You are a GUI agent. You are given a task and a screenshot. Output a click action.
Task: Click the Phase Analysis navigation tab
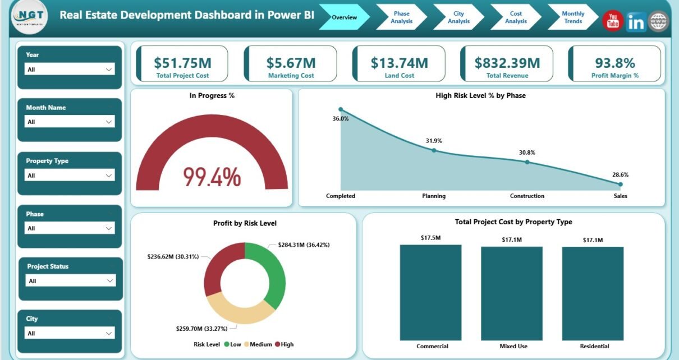point(401,17)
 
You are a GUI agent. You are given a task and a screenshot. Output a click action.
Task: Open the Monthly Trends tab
point(572,17)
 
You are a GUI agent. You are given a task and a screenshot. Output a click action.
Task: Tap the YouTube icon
point(613,22)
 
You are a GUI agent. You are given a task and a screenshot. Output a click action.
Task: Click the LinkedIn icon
point(636,22)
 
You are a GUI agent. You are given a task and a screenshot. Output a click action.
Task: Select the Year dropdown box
point(70,69)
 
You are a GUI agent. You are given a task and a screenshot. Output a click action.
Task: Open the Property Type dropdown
point(70,176)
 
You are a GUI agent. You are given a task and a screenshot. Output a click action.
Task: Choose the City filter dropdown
point(70,333)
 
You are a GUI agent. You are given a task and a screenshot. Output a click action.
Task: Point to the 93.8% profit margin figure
point(615,62)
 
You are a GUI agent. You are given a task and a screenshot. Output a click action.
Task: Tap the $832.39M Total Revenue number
point(507,62)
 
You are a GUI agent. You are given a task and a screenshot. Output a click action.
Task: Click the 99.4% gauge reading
point(212,177)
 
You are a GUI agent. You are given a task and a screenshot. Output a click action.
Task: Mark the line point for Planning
point(434,150)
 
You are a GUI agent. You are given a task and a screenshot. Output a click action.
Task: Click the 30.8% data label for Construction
point(527,153)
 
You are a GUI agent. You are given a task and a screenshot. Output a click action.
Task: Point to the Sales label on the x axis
point(620,196)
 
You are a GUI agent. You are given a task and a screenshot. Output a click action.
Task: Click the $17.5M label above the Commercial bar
point(430,238)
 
